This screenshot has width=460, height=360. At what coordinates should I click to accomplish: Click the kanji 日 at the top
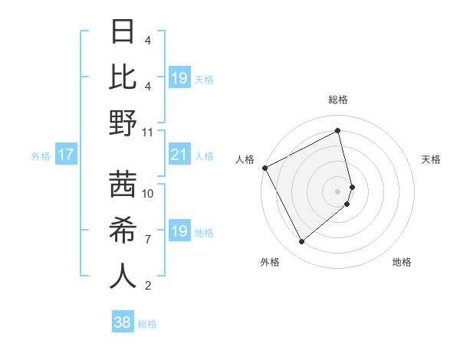coord(123,33)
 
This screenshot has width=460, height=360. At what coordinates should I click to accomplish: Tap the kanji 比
coord(123,79)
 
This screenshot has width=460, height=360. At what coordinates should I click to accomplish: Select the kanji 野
coord(123,124)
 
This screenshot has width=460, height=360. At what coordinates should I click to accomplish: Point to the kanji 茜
coord(123,185)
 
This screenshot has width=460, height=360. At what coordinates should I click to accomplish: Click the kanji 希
coord(123,231)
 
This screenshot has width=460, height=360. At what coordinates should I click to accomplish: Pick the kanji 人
coord(123,276)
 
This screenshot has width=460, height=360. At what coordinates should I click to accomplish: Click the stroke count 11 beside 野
coord(148,132)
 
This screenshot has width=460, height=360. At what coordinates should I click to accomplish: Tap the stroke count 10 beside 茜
coord(148,193)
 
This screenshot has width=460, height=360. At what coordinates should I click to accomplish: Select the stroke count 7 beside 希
coord(148,240)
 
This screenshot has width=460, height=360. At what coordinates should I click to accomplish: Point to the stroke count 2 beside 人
coord(148,286)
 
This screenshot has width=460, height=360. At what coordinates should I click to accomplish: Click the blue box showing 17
coord(65,155)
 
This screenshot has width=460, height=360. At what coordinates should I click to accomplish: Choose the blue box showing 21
coord(179,155)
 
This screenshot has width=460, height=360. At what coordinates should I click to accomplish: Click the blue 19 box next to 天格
coord(179,78)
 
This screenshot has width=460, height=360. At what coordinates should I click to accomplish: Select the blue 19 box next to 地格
coord(179,231)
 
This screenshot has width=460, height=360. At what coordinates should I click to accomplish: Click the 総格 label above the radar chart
coord(338,100)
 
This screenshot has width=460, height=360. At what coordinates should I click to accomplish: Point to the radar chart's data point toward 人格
coord(264,168)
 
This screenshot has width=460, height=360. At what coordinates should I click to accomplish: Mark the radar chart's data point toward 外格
coord(301,242)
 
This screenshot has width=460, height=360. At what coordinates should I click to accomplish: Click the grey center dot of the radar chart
coord(338,191)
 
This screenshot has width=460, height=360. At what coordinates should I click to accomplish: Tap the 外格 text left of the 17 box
coord(41,156)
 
